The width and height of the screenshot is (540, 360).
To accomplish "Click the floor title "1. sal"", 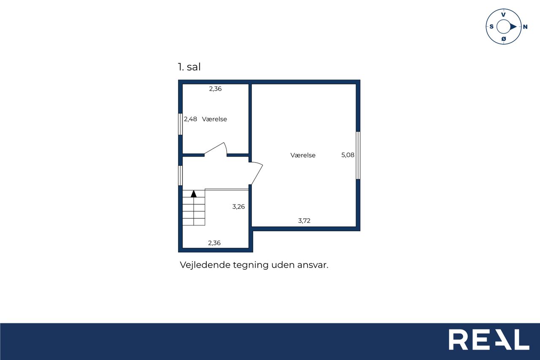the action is pyautogui.click(x=189, y=67).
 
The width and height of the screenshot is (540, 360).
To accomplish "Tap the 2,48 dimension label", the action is pyautogui.click(x=190, y=119).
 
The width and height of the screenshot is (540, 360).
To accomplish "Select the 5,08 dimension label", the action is pyautogui.click(x=348, y=155).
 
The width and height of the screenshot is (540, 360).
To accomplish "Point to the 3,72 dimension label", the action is pyautogui.click(x=304, y=221).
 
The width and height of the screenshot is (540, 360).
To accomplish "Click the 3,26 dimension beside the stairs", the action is pyautogui.click(x=238, y=207).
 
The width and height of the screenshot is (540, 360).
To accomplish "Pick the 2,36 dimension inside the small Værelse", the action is pyautogui.click(x=215, y=89).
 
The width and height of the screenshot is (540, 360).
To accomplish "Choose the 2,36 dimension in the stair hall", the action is pyautogui.click(x=214, y=243).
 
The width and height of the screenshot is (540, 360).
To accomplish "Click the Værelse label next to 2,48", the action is pyautogui.click(x=215, y=119).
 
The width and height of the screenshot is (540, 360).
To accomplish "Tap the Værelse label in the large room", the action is pyautogui.click(x=303, y=155).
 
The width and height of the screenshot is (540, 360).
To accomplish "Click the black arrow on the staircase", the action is pyautogui.click(x=194, y=194).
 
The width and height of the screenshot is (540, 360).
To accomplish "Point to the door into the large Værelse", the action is pyautogui.click(x=256, y=173).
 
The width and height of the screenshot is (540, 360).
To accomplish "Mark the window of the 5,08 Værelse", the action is pyautogui.click(x=358, y=155).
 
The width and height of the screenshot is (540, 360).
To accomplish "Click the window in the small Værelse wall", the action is pyautogui.click(x=180, y=124).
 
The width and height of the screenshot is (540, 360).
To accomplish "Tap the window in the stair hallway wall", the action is pyautogui.click(x=180, y=176).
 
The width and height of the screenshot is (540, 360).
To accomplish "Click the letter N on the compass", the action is pyautogui.click(x=525, y=27).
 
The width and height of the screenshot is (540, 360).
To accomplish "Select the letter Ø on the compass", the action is pyautogui.click(x=504, y=39).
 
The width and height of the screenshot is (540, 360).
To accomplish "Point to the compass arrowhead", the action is pyautogui.click(x=513, y=27).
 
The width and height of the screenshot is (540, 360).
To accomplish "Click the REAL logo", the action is pyautogui.click(x=489, y=339).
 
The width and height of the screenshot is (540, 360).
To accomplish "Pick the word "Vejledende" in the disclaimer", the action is pyautogui.click(x=205, y=265).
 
